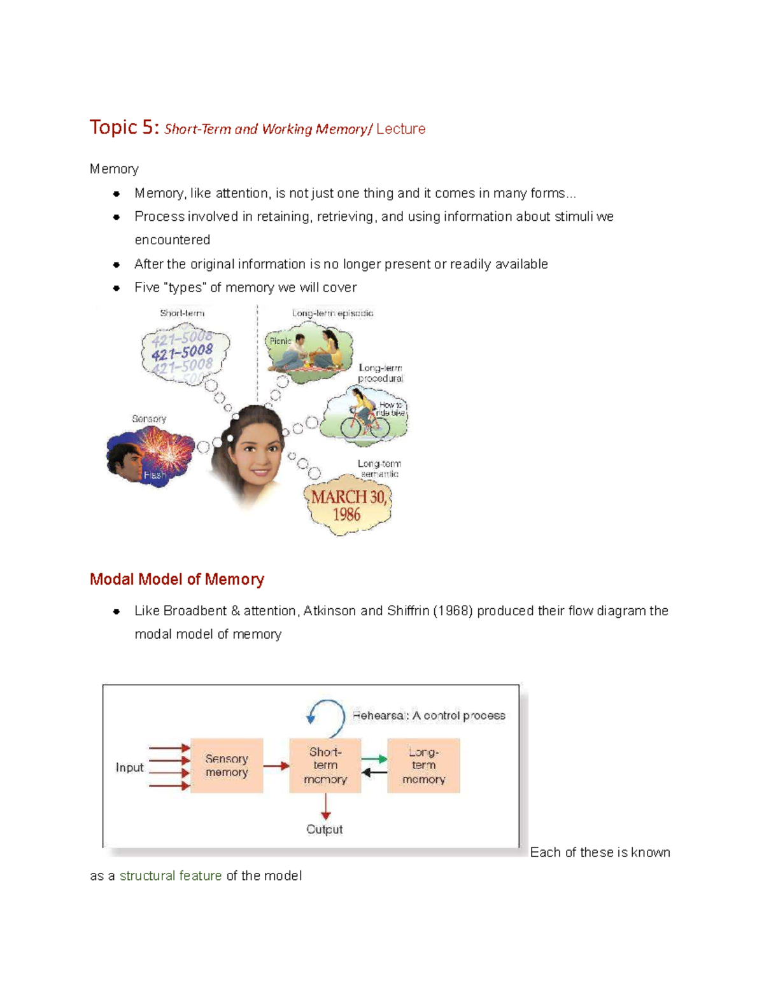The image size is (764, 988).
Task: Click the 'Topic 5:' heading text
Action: click(x=124, y=127)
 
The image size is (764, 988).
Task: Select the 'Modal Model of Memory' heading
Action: click(x=176, y=580)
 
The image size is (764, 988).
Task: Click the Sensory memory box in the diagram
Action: click(x=227, y=765)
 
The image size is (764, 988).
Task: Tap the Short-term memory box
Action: click(x=325, y=765)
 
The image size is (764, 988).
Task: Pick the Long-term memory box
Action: click(x=423, y=765)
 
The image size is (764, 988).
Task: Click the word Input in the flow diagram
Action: click(x=129, y=767)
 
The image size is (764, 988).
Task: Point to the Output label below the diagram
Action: click(x=324, y=830)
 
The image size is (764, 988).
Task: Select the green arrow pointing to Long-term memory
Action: click(x=374, y=759)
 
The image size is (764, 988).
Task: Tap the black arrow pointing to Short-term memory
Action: click(x=374, y=772)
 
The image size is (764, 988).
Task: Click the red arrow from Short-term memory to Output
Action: click(x=325, y=807)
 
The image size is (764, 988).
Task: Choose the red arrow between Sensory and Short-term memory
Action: click(x=276, y=766)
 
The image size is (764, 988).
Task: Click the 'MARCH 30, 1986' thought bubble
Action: click(x=348, y=505)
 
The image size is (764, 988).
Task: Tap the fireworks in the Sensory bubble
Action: click(x=164, y=449)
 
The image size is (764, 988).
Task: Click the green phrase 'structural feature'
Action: click(x=171, y=876)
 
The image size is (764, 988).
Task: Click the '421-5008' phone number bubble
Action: click(x=183, y=352)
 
